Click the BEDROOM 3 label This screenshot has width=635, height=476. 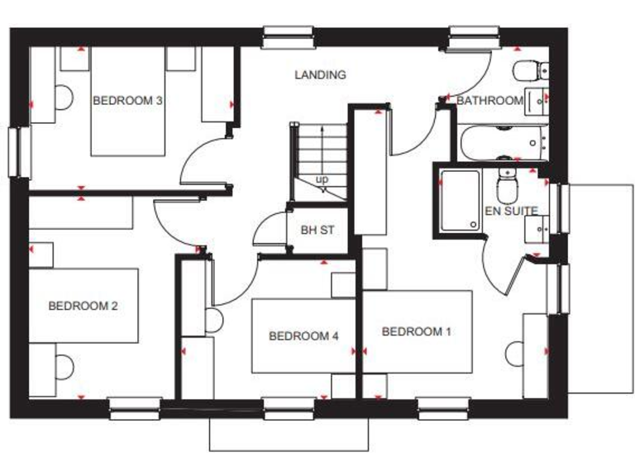[127, 101]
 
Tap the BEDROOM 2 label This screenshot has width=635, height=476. [83, 306]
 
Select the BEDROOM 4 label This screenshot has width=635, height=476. [303, 336]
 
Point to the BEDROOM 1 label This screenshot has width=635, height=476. [417, 332]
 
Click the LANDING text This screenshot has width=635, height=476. [320, 75]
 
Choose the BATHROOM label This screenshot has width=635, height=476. [489, 101]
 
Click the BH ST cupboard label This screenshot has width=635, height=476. [317, 231]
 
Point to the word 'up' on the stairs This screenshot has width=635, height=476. [322, 179]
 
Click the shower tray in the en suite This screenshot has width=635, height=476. [459, 201]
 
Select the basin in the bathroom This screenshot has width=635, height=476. [537, 99]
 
